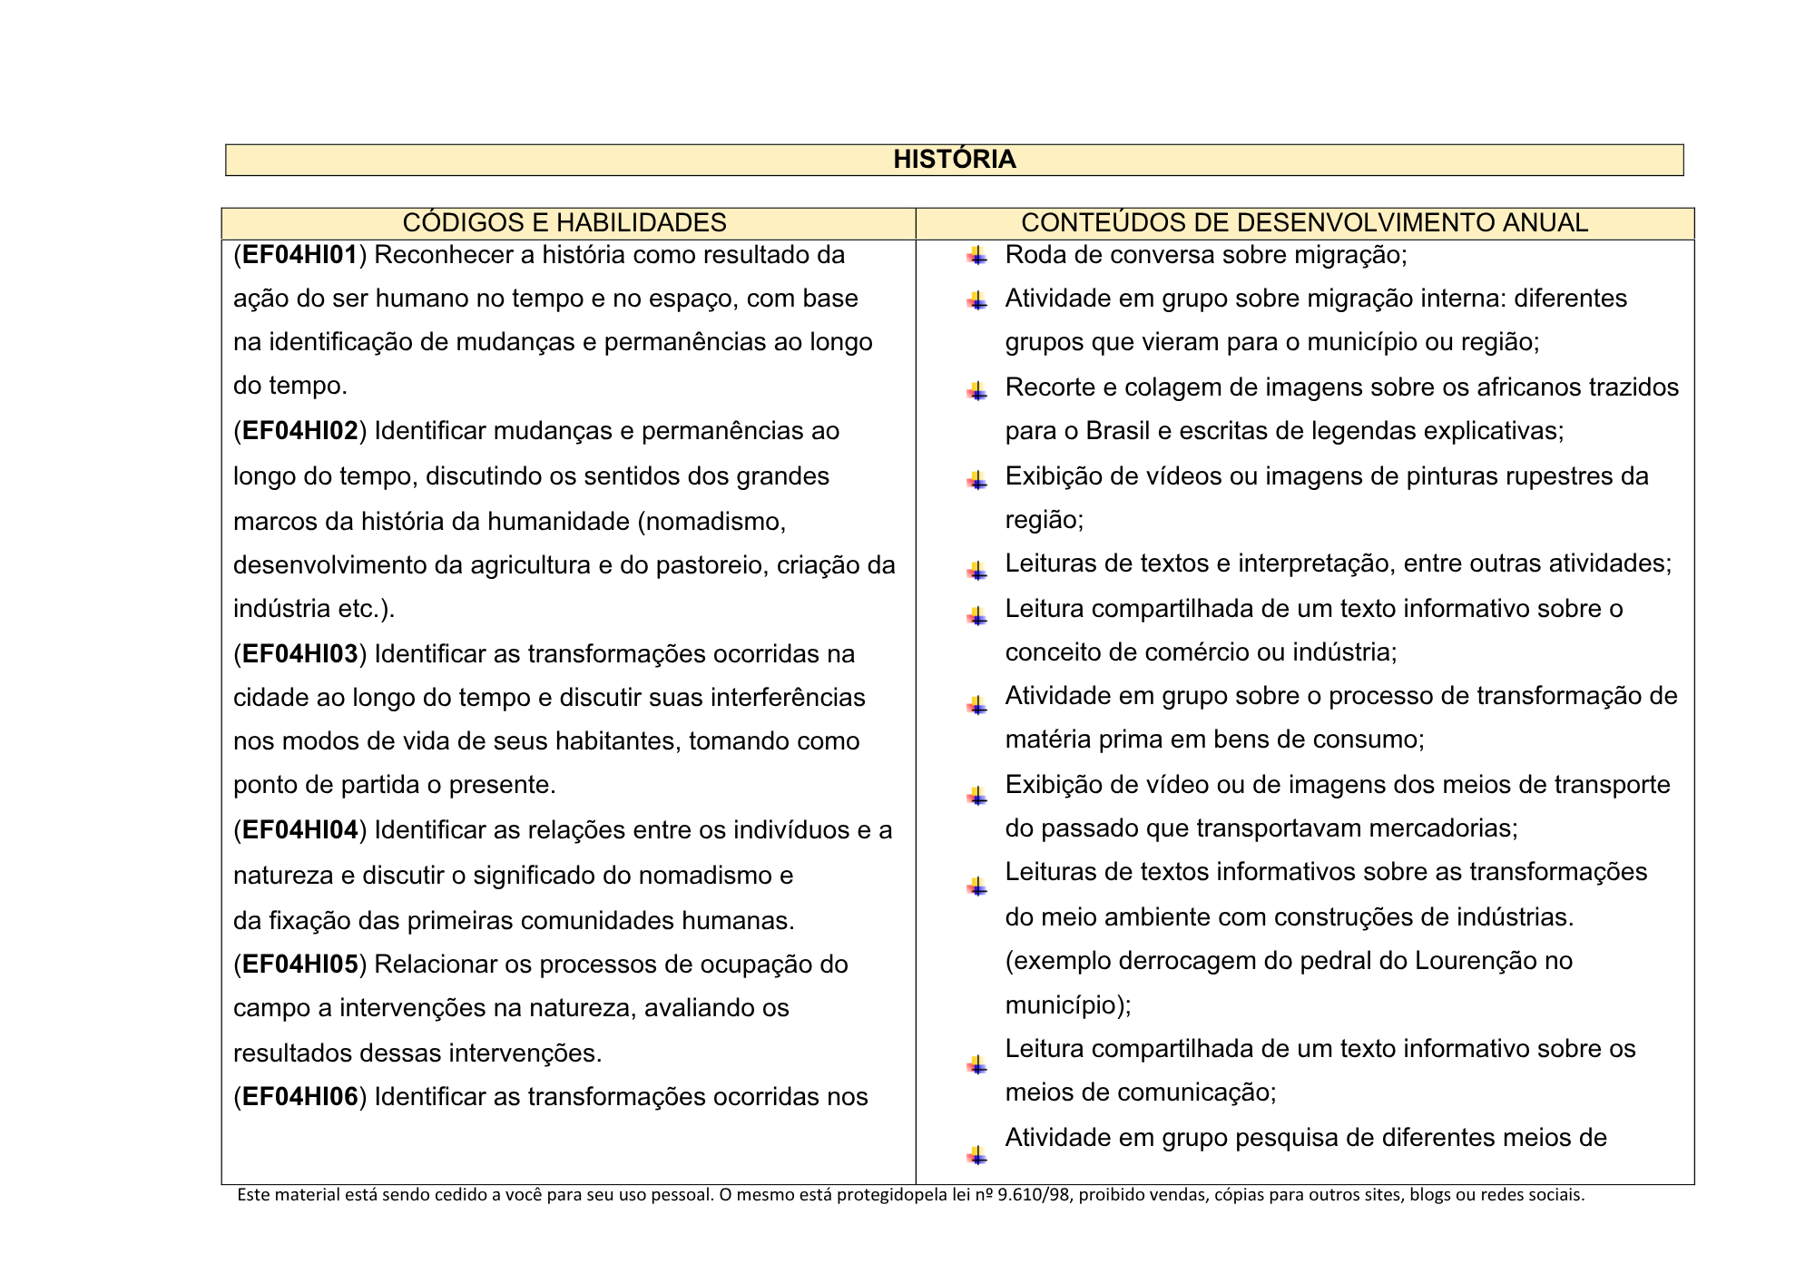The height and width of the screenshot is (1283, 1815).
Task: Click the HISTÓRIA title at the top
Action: pyautogui.click(x=954, y=160)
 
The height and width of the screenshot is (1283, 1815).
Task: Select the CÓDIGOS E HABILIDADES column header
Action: pyautogui.click(x=564, y=223)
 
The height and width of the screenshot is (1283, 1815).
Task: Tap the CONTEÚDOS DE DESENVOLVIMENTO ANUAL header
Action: pyautogui.click(x=1304, y=223)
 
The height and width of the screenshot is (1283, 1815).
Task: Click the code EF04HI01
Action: pyautogui.click(x=299, y=255)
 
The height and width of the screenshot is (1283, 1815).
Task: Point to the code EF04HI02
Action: pyautogui.click(x=299, y=431)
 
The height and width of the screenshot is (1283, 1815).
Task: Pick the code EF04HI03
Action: pyautogui.click(x=299, y=654)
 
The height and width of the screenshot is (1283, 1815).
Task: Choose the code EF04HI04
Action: pyautogui.click(x=299, y=830)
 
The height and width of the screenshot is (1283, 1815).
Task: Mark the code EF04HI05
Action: pyautogui.click(x=299, y=965)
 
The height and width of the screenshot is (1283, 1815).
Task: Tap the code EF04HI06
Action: pyautogui.click(x=299, y=1097)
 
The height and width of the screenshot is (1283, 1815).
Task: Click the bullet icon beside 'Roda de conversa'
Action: pyautogui.click(x=976, y=256)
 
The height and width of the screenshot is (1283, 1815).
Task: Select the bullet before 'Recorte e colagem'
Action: pyautogui.click(x=976, y=391)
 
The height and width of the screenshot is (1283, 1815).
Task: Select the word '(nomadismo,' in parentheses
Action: pyautogui.click(x=711, y=522)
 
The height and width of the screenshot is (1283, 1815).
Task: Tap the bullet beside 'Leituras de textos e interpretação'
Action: pyautogui.click(x=976, y=570)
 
